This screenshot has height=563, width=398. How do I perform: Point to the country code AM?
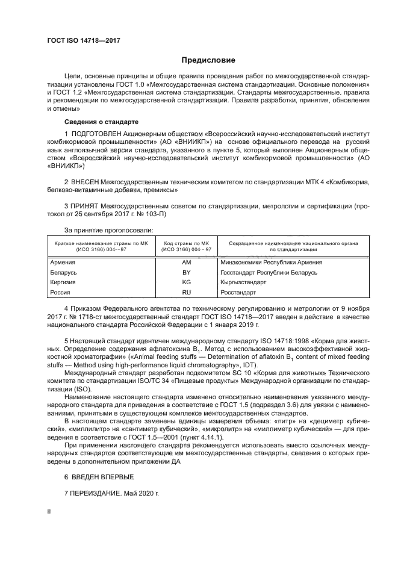[x=186, y=263]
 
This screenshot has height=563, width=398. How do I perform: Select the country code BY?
[x=186, y=272]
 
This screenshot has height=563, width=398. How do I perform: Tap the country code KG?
[x=186, y=282]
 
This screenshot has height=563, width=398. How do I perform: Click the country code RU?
[x=186, y=292]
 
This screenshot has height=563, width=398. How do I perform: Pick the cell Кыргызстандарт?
[x=246, y=282]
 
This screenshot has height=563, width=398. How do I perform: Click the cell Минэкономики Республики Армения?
[x=272, y=263]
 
